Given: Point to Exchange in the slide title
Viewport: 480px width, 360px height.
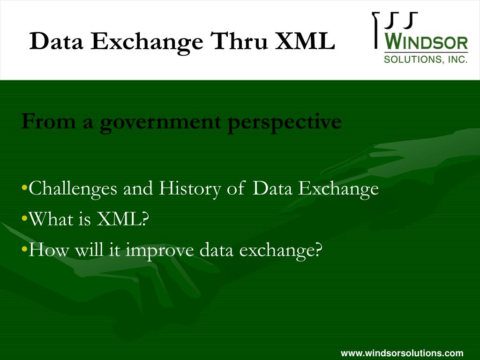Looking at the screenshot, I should tap(147, 42).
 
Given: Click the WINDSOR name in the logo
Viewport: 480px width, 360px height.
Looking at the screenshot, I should tap(426, 44).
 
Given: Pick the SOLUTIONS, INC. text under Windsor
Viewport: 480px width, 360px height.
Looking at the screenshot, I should tap(426, 60).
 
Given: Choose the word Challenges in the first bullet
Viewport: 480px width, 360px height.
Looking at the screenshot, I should tap(74, 189).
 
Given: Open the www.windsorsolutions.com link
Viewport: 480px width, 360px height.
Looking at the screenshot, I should tap(402, 353).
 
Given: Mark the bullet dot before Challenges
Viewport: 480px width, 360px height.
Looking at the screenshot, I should tap(24, 189).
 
